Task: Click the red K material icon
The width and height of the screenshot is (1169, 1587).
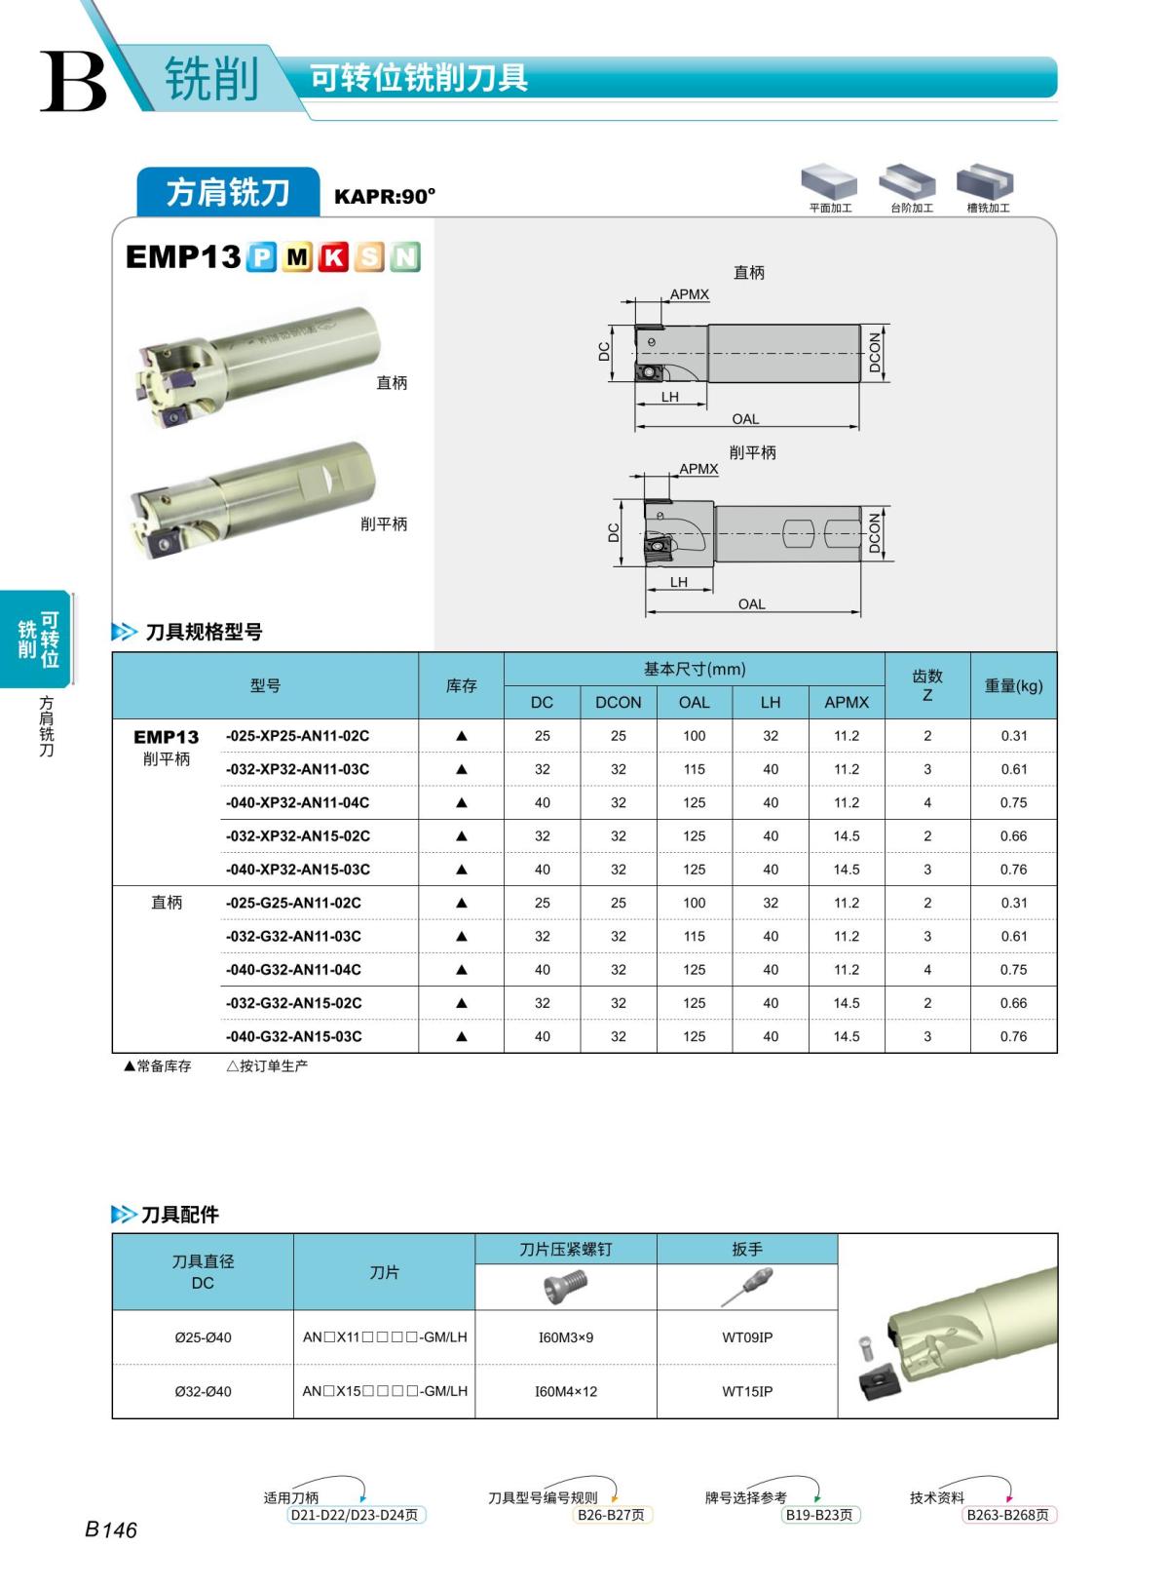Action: pos(334,257)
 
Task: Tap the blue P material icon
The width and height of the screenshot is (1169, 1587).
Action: pos(261,257)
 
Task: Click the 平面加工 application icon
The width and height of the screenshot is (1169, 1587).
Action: pos(829,182)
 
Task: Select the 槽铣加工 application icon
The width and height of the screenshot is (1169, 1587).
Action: pos(986,182)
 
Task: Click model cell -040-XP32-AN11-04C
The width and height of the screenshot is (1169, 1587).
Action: pos(297,802)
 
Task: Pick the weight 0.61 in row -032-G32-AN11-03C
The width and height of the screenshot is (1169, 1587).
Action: pos(1013,936)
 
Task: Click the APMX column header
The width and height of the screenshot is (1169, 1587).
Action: pos(846,702)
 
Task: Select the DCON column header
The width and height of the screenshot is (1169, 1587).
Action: pos(618,702)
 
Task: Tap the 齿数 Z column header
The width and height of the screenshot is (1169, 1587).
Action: pos(926,685)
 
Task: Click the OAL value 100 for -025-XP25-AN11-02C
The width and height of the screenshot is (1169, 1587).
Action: pos(694,736)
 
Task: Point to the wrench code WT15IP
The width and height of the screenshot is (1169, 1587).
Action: pos(747,1391)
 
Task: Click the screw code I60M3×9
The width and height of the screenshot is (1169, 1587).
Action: pos(565,1337)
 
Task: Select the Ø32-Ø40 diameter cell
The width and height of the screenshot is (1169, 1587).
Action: pos(203,1391)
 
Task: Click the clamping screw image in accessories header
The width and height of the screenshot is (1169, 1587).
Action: pos(565,1288)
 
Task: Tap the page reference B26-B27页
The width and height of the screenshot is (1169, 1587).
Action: pos(611,1515)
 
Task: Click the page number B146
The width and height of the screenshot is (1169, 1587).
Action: pos(111,1529)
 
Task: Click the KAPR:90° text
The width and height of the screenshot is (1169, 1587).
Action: pos(384,196)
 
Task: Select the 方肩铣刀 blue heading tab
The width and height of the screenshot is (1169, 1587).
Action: pos(228,192)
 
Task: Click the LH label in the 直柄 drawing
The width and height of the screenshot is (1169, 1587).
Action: pos(669,397)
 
